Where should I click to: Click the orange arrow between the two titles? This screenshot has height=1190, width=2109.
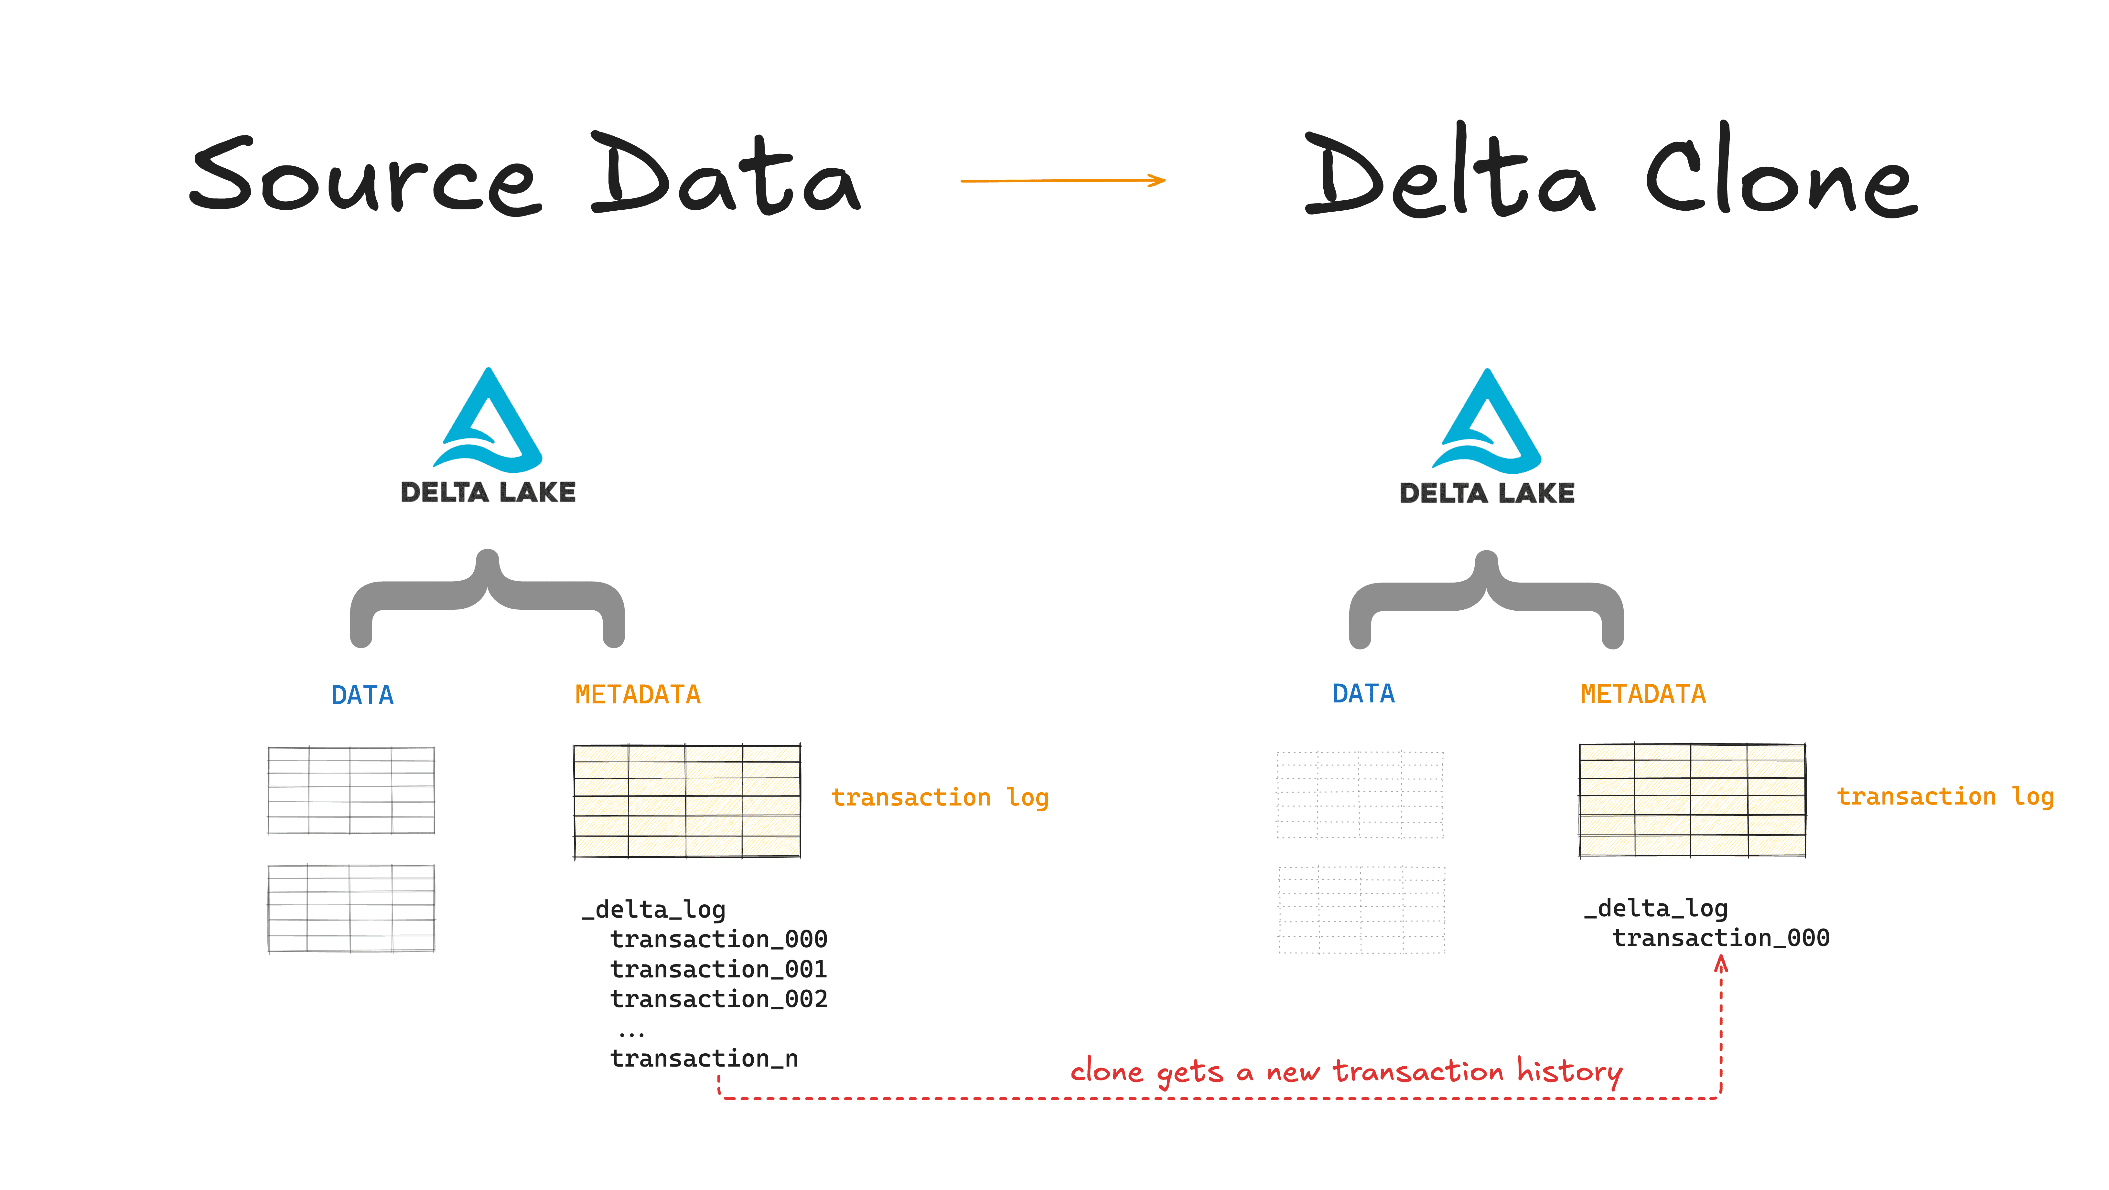click(x=1063, y=180)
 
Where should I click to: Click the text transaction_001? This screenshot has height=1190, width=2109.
click(x=718, y=969)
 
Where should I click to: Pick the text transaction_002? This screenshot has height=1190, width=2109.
click(x=718, y=998)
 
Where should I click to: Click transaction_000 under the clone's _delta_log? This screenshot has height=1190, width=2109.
click(x=1720, y=938)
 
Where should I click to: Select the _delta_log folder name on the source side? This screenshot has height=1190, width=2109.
click(x=653, y=909)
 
